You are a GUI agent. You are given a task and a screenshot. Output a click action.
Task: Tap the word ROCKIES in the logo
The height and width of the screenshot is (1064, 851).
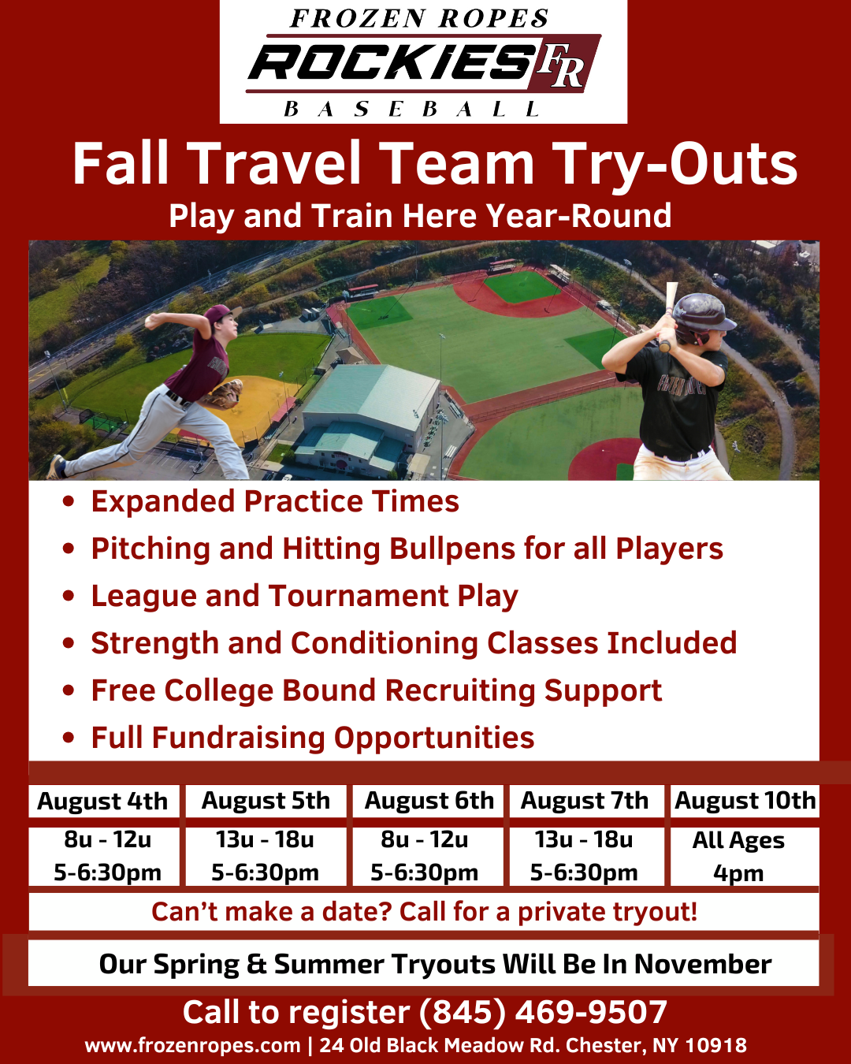(x=389, y=63)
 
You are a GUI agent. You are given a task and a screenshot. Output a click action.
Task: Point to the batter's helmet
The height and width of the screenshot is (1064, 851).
(x=702, y=318)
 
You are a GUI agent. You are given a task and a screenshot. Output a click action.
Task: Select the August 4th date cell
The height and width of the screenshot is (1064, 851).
(x=103, y=801)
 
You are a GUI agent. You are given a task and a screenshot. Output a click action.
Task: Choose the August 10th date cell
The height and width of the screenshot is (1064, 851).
(x=745, y=801)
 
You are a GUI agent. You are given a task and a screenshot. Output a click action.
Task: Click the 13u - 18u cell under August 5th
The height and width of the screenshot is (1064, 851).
(x=266, y=857)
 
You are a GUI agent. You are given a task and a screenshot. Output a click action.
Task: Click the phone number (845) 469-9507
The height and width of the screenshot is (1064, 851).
(x=543, y=1012)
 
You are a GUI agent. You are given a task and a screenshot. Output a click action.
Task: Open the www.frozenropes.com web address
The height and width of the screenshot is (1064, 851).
(x=192, y=1046)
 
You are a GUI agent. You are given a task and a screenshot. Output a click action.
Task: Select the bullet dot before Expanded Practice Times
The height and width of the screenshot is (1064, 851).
(x=69, y=501)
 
